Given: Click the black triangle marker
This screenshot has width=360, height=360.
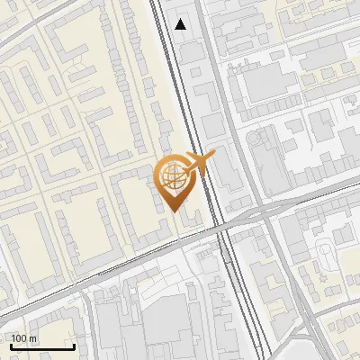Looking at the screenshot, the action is (x=181, y=24).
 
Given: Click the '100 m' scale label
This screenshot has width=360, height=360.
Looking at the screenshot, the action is (x=24, y=338).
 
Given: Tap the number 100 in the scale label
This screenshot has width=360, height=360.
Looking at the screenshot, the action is (x=20, y=338).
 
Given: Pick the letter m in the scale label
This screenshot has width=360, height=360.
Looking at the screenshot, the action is (x=33, y=338).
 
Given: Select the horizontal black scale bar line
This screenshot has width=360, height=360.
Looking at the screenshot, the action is (x=42, y=347).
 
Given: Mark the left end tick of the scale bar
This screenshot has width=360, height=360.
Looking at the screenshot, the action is (x=12, y=346).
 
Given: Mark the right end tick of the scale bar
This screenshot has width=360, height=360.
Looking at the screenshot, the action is (x=74, y=346).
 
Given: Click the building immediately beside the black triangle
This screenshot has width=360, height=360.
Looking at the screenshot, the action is (x=192, y=51).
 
